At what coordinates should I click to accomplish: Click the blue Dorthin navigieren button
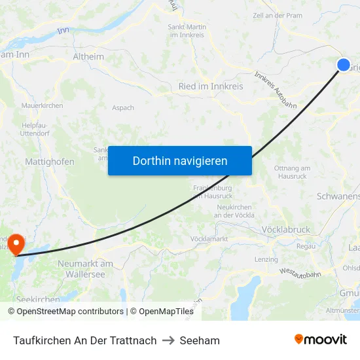[x=180, y=160]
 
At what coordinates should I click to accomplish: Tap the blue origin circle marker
[x=344, y=64]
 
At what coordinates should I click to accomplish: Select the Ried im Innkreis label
[x=211, y=86]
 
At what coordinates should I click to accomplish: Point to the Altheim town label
[x=88, y=57]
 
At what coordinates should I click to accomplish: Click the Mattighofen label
[x=50, y=162]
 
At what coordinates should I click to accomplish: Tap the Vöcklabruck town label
[x=285, y=230]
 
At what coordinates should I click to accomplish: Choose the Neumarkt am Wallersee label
[x=86, y=269]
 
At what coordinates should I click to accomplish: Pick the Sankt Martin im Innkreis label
[x=188, y=31]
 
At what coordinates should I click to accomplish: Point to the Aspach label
[x=123, y=108]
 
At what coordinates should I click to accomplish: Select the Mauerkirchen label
[x=42, y=105]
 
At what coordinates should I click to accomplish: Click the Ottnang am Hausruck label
[x=292, y=172]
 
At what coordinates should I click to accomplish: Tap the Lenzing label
[x=266, y=259]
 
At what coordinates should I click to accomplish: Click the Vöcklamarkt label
[x=209, y=239]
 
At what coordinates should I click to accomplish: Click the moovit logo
[x=320, y=339]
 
